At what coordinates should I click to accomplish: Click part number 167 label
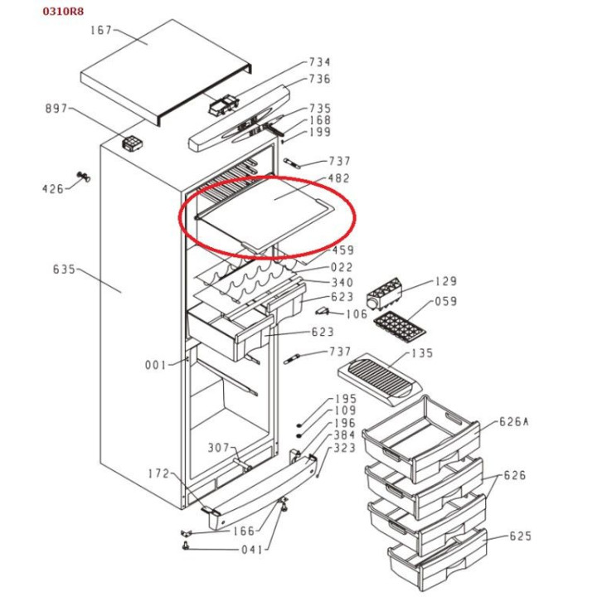[x=100, y=31]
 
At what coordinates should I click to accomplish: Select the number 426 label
[x=52, y=189]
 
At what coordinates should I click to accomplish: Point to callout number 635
[x=64, y=269]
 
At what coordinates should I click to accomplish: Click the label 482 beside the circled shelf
[x=339, y=178]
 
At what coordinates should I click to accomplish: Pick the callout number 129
[x=445, y=282]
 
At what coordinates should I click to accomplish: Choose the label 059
[x=445, y=302]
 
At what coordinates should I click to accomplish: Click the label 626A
[x=513, y=421]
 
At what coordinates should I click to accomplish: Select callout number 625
[x=520, y=536]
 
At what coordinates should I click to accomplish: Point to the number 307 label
[x=218, y=448]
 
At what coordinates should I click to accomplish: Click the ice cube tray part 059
[x=398, y=327]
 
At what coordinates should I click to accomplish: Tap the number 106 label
[x=357, y=314]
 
